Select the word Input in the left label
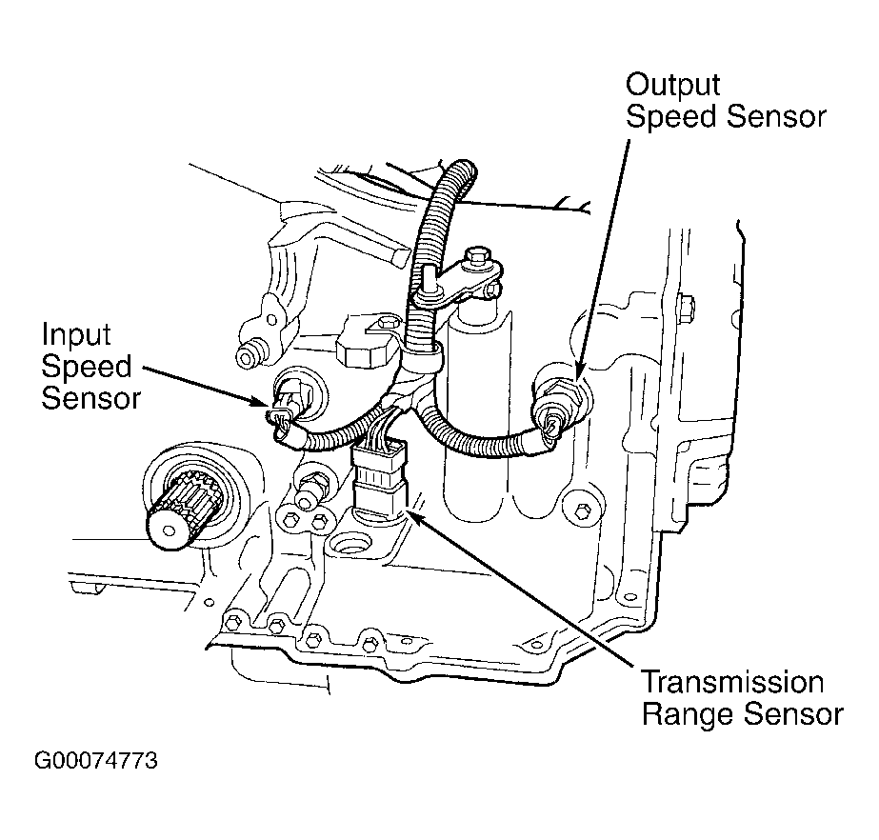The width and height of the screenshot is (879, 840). (x=75, y=334)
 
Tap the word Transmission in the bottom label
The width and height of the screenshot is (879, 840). (x=731, y=682)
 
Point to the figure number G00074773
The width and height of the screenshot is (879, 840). (x=96, y=762)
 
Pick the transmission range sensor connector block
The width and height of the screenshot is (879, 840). (x=378, y=483)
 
